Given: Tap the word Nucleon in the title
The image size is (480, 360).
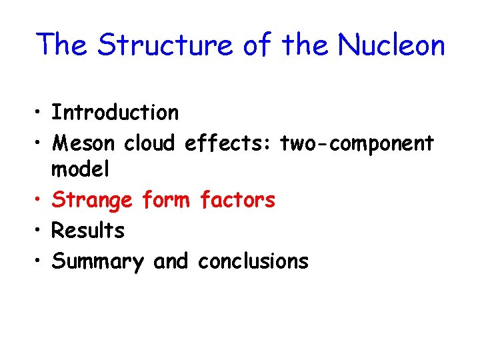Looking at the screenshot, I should click(x=391, y=45).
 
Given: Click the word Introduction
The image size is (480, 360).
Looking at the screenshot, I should click(x=115, y=113).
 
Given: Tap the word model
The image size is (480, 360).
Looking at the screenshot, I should click(x=81, y=169).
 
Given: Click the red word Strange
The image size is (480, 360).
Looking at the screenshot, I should click(x=93, y=200).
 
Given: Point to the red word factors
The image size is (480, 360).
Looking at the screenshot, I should click(x=237, y=199).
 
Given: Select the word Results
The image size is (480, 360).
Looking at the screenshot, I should click(x=88, y=230).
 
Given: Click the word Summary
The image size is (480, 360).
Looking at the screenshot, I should click(x=97, y=261).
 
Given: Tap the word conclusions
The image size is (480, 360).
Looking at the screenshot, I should click(x=253, y=261).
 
